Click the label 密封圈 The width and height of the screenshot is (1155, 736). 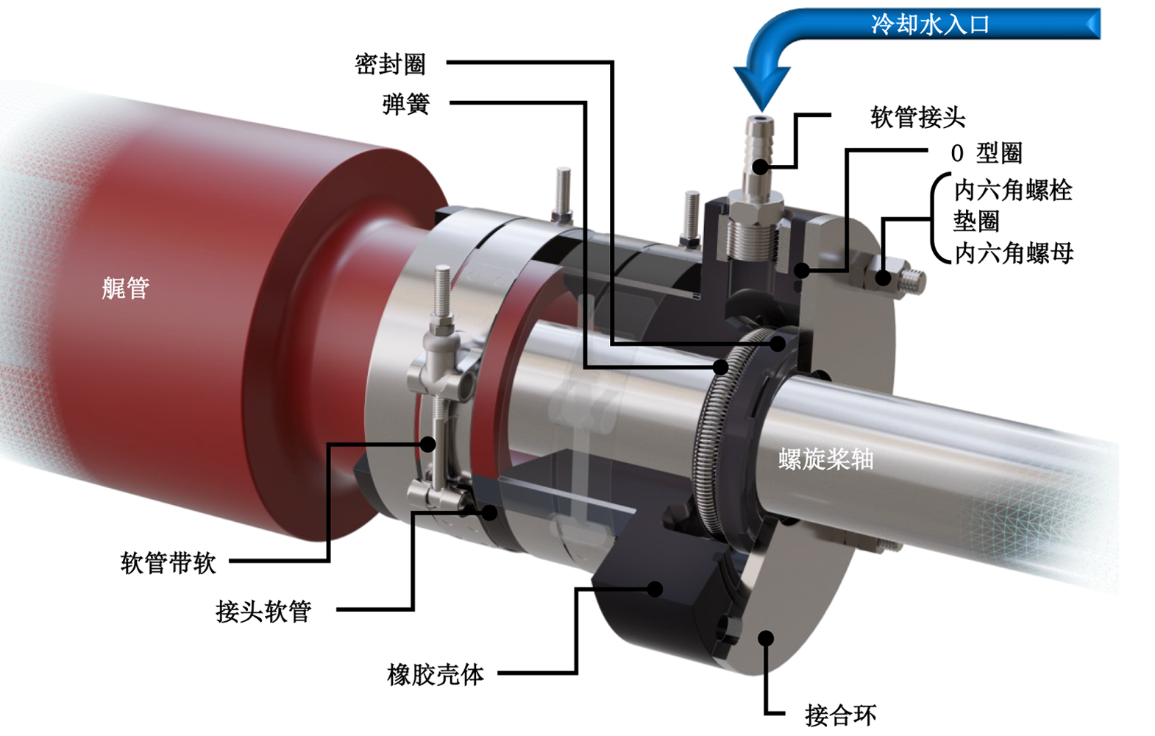click(x=390, y=65)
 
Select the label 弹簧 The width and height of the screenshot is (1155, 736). click(x=405, y=105)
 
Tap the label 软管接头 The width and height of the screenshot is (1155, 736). click(x=917, y=117)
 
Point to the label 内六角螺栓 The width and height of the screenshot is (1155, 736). click(x=1013, y=191)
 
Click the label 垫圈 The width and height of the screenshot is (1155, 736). click(x=976, y=221)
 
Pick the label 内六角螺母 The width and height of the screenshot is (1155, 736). click(x=1014, y=253)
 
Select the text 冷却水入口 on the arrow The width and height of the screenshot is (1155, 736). click(x=930, y=24)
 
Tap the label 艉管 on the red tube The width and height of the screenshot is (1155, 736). click(x=125, y=288)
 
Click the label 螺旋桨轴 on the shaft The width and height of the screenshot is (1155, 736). click(x=825, y=459)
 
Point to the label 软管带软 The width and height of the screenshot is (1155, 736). click(x=168, y=563)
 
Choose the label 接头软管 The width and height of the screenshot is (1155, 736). click(x=263, y=611)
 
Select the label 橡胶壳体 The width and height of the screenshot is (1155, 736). click(x=436, y=674)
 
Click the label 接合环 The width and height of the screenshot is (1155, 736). click(x=840, y=715)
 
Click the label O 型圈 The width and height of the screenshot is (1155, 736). click(x=986, y=153)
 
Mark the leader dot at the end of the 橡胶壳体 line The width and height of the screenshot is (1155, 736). click(x=655, y=589)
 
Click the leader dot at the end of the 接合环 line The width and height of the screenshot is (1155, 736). click(x=766, y=638)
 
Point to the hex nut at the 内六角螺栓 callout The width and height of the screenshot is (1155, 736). click(x=884, y=277)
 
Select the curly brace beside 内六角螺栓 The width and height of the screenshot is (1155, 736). click(x=938, y=219)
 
